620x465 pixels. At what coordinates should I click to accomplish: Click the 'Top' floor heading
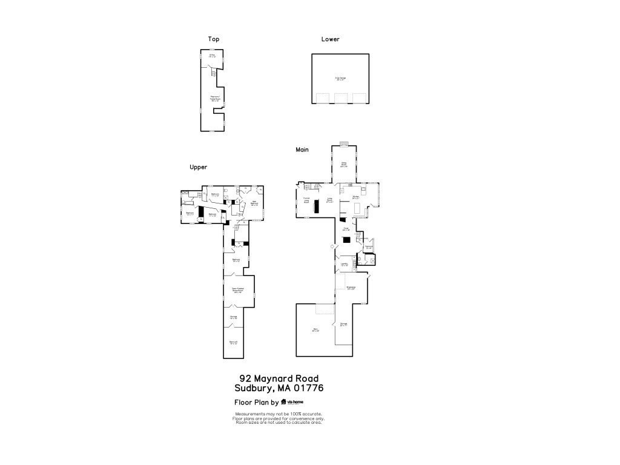click(x=213, y=39)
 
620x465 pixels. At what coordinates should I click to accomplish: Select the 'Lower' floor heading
click(x=330, y=39)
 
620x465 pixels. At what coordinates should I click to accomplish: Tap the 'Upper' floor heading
click(x=199, y=167)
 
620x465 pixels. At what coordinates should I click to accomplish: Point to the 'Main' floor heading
click(x=302, y=149)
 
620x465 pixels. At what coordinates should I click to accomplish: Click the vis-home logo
click(x=292, y=402)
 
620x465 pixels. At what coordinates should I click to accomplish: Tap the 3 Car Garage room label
click(x=340, y=79)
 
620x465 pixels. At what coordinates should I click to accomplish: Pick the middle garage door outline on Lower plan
click(x=341, y=98)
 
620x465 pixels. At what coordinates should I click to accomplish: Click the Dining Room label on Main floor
click(x=343, y=164)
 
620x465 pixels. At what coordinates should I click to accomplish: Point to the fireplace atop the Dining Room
click(x=344, y=144)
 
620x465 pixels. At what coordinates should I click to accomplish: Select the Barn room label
click(x=315, y=331)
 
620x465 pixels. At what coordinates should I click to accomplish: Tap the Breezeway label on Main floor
click(x=350, y=288)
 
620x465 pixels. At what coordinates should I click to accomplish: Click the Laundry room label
click(x=343, y=264)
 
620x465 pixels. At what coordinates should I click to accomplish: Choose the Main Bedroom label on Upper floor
click(x=254, y=203)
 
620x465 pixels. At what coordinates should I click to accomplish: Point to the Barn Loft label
click(x=233, y=343)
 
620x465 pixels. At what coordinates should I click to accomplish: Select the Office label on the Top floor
click(x=212, y=56)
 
